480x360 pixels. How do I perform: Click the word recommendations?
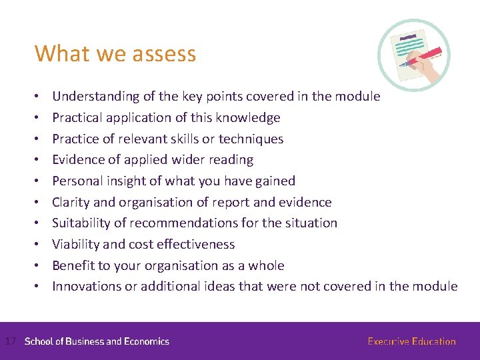tap(201, 223)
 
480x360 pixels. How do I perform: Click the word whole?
tap(266, 266)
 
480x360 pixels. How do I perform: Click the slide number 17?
tap(10, 341)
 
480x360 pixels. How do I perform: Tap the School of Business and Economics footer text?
tap(97, 341)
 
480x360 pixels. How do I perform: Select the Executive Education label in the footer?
tap(411, 341)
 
